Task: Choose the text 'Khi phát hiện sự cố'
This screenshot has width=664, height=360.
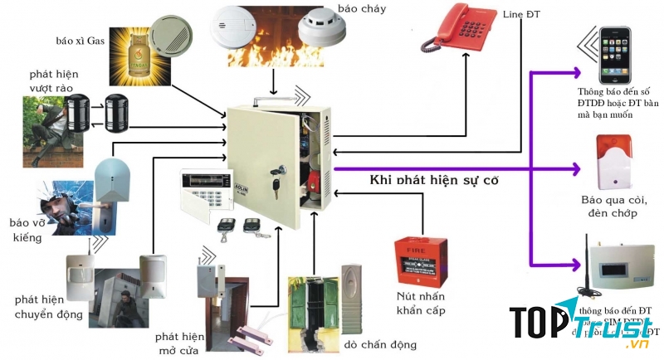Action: [x=432, y=180]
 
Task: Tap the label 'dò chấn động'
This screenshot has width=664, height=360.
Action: [x=381, y=344]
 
